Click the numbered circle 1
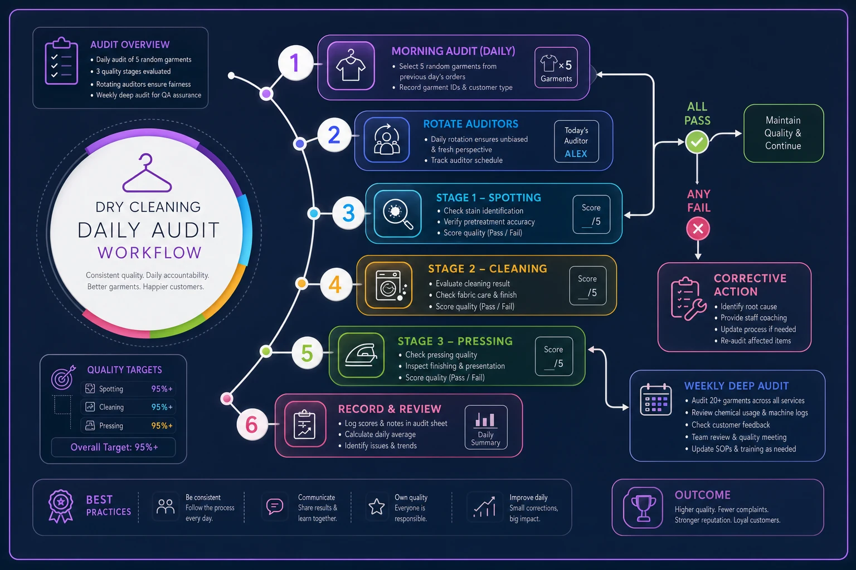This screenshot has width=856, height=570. (x=295, y=62)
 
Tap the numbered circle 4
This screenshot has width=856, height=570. (x=335, y=284)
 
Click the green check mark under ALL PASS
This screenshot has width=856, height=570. (x=697, y=142)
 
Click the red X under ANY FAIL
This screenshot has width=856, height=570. (x=698, y=229)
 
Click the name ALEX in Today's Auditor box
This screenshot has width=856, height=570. (x=576, y=154)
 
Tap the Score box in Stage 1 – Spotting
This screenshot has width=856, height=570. (x=591, y=214)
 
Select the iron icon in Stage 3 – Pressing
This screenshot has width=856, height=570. (x=361, y=355)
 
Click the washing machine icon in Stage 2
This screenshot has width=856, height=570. (x=389, y=285)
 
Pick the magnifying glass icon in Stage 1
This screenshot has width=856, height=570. (x=397, y=214)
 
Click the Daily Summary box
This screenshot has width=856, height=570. (x=486, y=427)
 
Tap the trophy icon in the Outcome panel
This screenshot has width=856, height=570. (x=643, y=508)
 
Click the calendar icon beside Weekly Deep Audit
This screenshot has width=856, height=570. (x=656, y=399)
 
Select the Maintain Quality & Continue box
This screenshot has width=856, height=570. (x=784, y=133)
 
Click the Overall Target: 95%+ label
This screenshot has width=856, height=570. (x=114, y=447)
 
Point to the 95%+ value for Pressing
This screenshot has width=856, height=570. (x=162, y=425)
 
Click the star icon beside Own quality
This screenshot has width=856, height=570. (x=376, y=506)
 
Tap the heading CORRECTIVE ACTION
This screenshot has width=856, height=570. (x=750, y=285)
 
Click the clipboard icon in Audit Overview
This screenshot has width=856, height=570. (x=61, y=61)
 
